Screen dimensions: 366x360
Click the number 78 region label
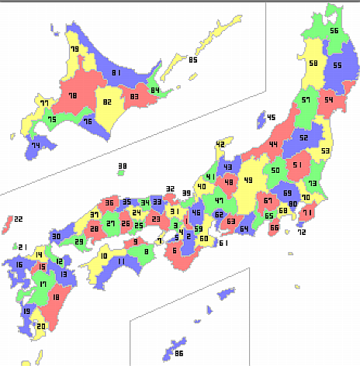[72, 95]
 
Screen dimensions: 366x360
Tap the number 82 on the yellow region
[107, 102]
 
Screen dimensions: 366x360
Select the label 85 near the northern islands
[192, 60]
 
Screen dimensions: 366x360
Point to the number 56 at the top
[334, 30]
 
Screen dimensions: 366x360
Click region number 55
[337, 65]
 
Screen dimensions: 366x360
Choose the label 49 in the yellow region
[248, 180]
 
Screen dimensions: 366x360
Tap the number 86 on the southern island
[178, 342]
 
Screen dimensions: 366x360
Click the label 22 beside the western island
[19, 220]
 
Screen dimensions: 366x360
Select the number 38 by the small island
[122, 166]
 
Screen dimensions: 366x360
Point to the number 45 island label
[271, 117]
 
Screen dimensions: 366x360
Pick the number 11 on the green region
[121, 261]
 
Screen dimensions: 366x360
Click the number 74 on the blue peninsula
[35, 146]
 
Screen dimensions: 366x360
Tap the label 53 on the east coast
[325, 150]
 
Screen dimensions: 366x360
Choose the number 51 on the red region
[297, 164]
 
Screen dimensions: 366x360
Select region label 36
[109, 203]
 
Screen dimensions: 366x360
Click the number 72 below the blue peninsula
[301, 232]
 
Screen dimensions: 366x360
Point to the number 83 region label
[134, 96]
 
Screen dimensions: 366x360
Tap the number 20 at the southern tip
[41, 326]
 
